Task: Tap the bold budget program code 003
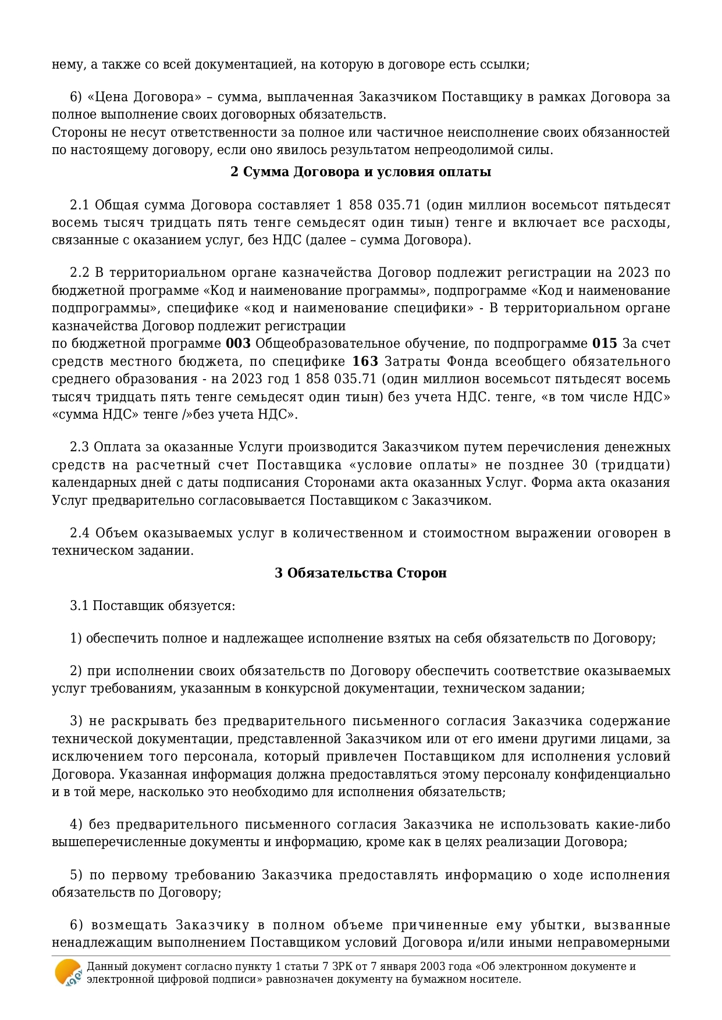coord(238,344)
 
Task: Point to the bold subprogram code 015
coord(604,344)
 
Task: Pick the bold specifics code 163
coord(365,362)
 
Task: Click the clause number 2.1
coord(79,205)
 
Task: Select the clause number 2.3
coord(79,447)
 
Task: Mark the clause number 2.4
coord(79,533)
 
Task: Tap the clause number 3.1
coord(79,606)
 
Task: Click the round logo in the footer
coord(68,972)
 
